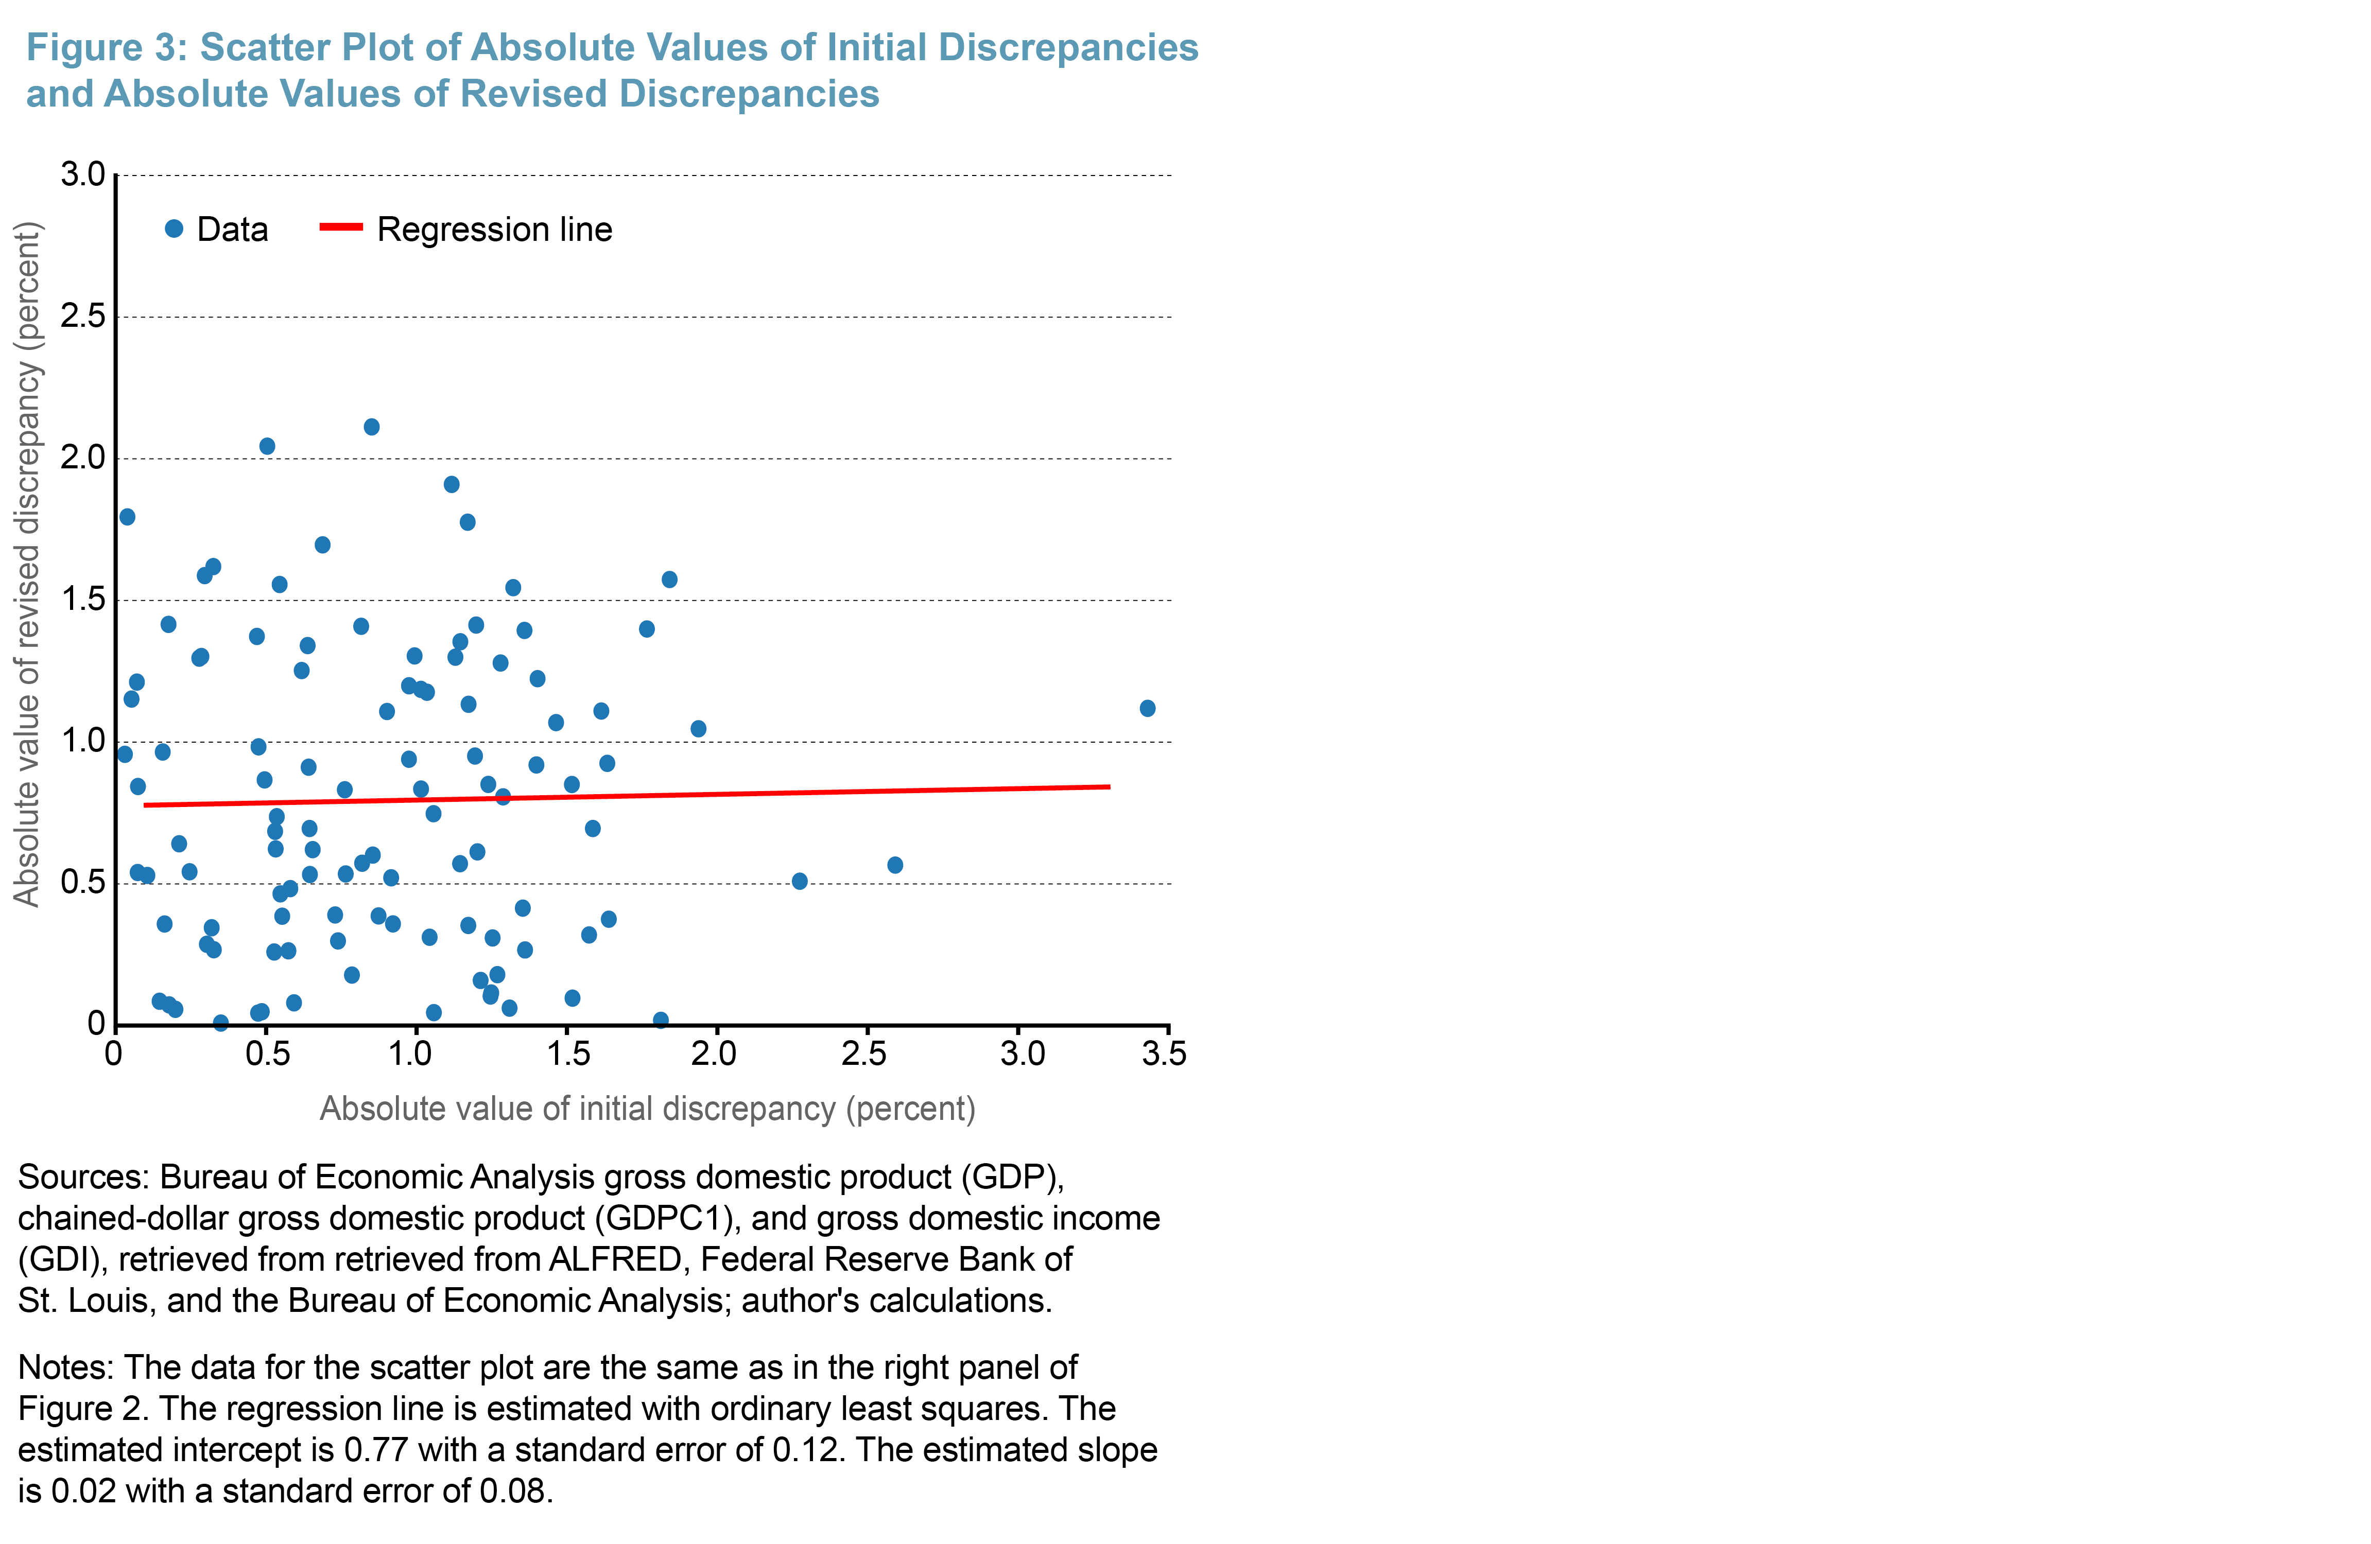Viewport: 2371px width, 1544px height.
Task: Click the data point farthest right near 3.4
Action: (x=1147, y=708)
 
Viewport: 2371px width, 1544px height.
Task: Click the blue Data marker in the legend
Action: (x=175, y=229)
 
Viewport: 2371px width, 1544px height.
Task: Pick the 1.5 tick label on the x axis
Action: (x=568, y=1054)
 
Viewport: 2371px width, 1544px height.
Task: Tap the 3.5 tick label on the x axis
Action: (x=1164, y=1054)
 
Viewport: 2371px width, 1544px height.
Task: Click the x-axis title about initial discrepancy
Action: (x=648, y=1109)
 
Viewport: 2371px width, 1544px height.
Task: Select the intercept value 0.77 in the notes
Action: (x=375, y=1450)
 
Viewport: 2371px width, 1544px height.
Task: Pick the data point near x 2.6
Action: (x=895, y=865)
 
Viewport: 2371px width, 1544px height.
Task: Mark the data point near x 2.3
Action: (x=799, y=881)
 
